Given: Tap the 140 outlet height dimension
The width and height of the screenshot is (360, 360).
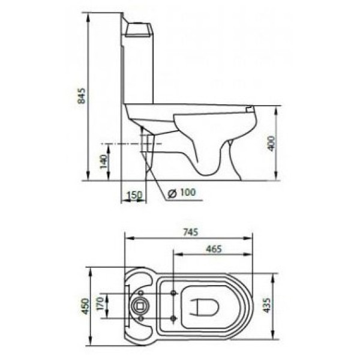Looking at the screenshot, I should pyautogui.click(x=103, y=161).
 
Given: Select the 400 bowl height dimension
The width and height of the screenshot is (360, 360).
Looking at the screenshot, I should pyautogui.click(x=271, y=143).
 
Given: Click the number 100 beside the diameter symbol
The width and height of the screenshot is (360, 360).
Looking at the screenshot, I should pyautogui.click(x=188, y=192).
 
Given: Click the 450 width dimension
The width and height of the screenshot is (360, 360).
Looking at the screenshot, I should pyautogui.click(x=86, y=306).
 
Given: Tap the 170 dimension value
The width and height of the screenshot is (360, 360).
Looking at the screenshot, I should pyautogui.click(x=99, y=306).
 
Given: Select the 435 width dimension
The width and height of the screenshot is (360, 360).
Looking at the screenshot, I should pyautogui.click(x=266, y=306).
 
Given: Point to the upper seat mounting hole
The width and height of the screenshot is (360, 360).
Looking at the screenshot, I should pyautogui.click(x=173, y=293).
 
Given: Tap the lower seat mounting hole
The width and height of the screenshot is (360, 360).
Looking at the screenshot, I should pyautogui.click(x=173, y=317).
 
